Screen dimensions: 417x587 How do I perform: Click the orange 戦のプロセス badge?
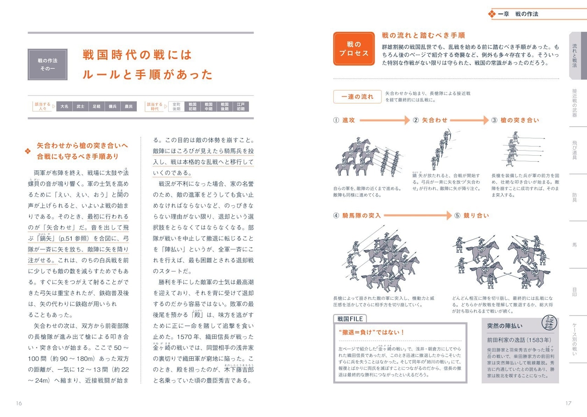pyautogui.click(x=354, y=49)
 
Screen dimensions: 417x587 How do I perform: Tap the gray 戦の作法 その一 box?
pyautogui.click(x=47, y=64)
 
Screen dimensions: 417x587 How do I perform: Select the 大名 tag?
pyautogui.click(x=65, y=107)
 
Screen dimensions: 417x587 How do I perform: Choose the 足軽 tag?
pyautogui.click(x=96, y=107)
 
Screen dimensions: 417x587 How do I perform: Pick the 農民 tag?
pyautogui.click(x=129, y=107)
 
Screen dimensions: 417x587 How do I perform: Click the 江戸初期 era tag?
pyautogui.click(x=240, y=107)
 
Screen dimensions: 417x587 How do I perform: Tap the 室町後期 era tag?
pyautogui.click(x=177, y=107)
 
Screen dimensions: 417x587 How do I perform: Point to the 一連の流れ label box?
pyautogui.click(x=357, y=97)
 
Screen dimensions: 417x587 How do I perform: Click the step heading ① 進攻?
pyautogui.click(x=344, y=120)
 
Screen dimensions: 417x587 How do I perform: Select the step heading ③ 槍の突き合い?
pyautogui.click(x=515, y=120)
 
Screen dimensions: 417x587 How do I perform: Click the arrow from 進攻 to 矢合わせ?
pyautogui.click(x=384, y=120)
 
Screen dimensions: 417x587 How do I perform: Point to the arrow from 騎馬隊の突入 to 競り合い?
pyautogui.click(x=417, y=215)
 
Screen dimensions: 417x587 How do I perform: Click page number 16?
pyautogui.click(x=19, y=403)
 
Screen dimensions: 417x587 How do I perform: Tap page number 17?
pyautogui.click(x=568, y=403)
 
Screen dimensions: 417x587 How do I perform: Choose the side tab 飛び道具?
pyautogui.click(x=575, y=150)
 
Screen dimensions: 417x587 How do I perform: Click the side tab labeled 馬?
pyautogui.click(x=575, y=245)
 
